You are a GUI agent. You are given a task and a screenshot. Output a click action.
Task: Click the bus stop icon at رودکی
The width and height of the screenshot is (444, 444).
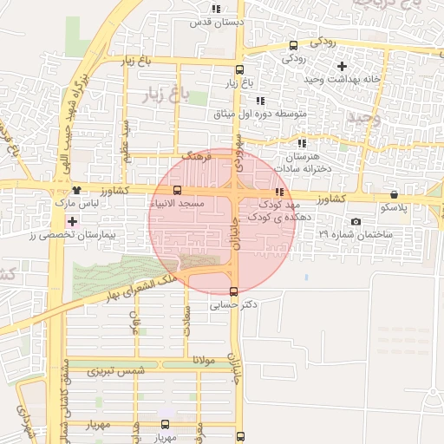[x=293, y=46]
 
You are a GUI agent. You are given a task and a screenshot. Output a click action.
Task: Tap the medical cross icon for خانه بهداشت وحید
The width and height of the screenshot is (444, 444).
[x=342, y=66]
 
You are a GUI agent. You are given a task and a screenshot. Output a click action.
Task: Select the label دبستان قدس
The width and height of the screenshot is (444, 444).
[x=217, y=23]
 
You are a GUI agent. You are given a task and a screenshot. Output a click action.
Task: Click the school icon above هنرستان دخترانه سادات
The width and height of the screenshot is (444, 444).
[x=302, y=143]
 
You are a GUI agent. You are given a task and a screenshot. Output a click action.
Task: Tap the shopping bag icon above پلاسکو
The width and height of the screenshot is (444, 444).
[x=395, y=195]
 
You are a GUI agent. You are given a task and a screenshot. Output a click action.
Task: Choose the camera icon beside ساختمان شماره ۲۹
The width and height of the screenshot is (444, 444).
[x=356, y=222]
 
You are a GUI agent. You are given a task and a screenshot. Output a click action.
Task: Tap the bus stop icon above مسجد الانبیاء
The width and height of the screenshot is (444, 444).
[x=178, y=190]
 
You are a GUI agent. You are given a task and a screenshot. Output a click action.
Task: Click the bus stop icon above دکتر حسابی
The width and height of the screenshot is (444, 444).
[x=232, y=291]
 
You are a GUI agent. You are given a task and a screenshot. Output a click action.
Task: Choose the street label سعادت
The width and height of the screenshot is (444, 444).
[x=186, y=324]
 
